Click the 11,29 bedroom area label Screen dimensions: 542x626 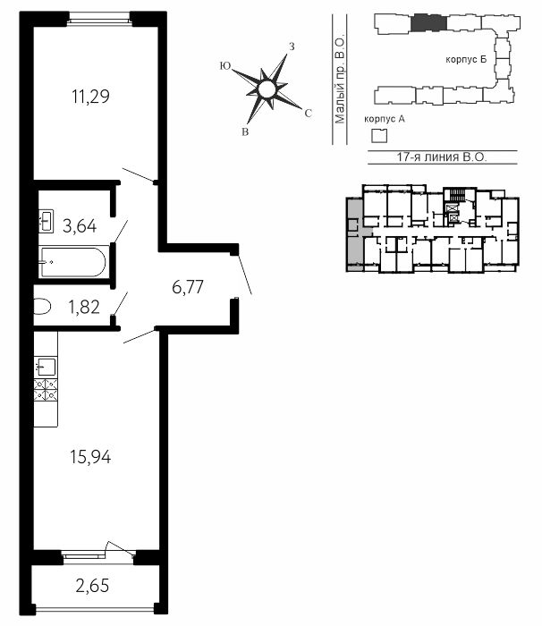90,97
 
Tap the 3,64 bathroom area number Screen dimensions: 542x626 80,226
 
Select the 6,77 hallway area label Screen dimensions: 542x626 188,287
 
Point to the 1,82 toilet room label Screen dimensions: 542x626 84,308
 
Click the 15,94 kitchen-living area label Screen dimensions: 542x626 90,457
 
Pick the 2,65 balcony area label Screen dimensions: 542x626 92,586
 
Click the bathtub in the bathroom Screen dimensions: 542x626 73,262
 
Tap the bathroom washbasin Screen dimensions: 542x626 46,221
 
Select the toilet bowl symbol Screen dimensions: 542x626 42,307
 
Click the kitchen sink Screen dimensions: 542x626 46,366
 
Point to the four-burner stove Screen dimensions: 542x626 46,390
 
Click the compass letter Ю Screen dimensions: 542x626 225,66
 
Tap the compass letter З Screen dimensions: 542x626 292,47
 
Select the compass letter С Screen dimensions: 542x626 308,114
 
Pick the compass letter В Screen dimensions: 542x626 245,132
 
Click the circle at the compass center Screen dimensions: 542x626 267,89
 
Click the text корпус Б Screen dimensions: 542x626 466,60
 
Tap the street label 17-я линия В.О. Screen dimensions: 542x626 442,156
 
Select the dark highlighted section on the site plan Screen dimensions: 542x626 428,22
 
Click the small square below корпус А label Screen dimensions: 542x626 379,136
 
